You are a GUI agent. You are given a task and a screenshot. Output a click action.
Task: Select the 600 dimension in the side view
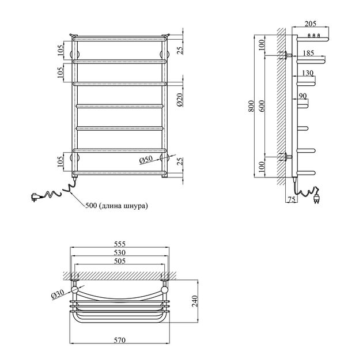point(262,107)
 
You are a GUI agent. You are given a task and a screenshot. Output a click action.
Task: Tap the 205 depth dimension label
point(310,23)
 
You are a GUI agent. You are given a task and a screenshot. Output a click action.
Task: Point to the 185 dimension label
point(309,53)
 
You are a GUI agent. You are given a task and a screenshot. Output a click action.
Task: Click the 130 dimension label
point(307,73)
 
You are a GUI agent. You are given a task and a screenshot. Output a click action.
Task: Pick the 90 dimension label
point(303,96)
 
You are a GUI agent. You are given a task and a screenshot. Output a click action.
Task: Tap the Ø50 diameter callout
point(146,159)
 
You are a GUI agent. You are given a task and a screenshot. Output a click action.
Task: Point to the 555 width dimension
point(119,244)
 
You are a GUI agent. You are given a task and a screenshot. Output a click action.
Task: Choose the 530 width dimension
point(119,252)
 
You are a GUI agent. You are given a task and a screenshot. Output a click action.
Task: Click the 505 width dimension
point(119,261)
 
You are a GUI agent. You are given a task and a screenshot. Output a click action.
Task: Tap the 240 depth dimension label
point(195,300)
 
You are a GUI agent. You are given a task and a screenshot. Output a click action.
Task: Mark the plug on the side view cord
point(317,199)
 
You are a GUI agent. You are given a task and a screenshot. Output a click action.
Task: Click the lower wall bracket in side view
point(286,156)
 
